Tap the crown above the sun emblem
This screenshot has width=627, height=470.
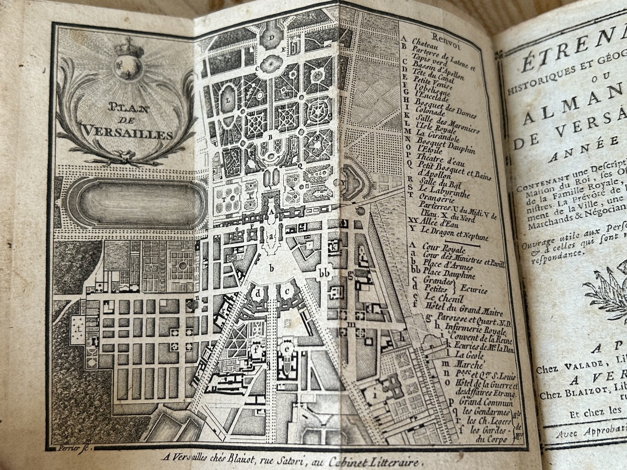128,49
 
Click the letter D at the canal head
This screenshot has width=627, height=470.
271,38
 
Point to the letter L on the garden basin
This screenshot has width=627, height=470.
228,97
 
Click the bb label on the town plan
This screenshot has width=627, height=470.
324,273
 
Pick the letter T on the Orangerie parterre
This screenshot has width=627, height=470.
225,199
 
